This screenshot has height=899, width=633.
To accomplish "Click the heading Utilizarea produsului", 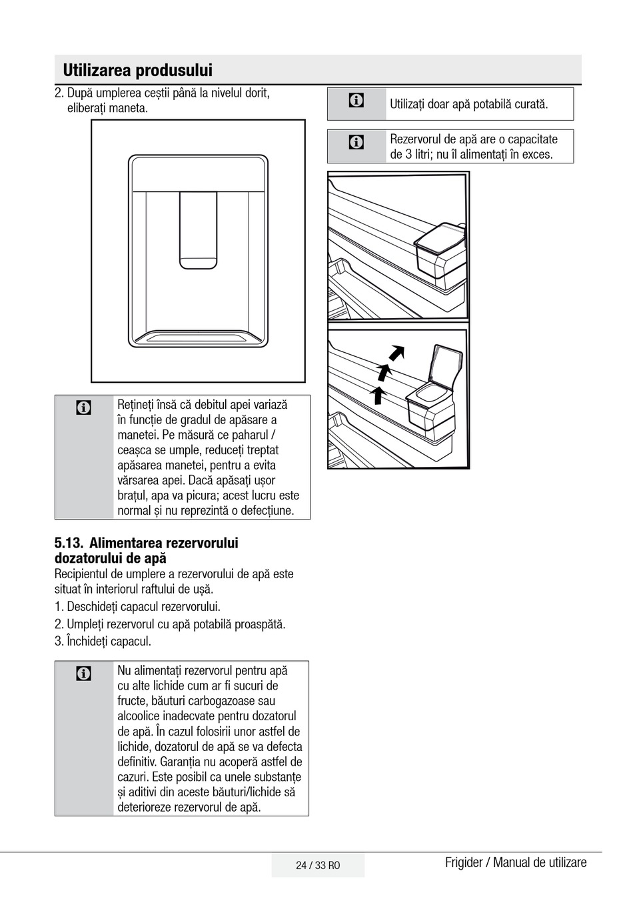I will click(x=137, y=70).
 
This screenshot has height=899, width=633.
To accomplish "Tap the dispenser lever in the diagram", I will click(x=198, y=230).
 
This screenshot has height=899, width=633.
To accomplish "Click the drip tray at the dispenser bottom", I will click(x=198, y=338).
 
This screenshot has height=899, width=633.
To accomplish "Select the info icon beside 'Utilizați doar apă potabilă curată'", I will click(x=356, y=101).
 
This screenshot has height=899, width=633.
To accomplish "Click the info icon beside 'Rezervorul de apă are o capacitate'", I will click(x=356, y=142).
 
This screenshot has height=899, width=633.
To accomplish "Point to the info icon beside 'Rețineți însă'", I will click(x=84, y=407).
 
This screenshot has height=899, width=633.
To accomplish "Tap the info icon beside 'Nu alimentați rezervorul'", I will click(x=84, y=674).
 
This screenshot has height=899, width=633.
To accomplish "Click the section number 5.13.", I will click(x=68, y=544).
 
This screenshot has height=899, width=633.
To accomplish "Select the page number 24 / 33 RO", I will click(x=318, y=865).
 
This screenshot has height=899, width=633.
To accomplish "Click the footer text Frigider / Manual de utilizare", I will click(x=516, y=862).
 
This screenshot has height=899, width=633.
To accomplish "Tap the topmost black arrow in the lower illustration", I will click(x=397, y=351).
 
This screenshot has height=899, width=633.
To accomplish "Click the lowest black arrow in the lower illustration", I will click(x=378, y=395).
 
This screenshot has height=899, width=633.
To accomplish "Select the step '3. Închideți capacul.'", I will click(x=103, y=642).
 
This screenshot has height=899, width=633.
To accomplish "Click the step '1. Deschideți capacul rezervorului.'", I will click(x=137, y=607).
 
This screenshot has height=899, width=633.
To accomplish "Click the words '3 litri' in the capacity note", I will click(x=421, y=155).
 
